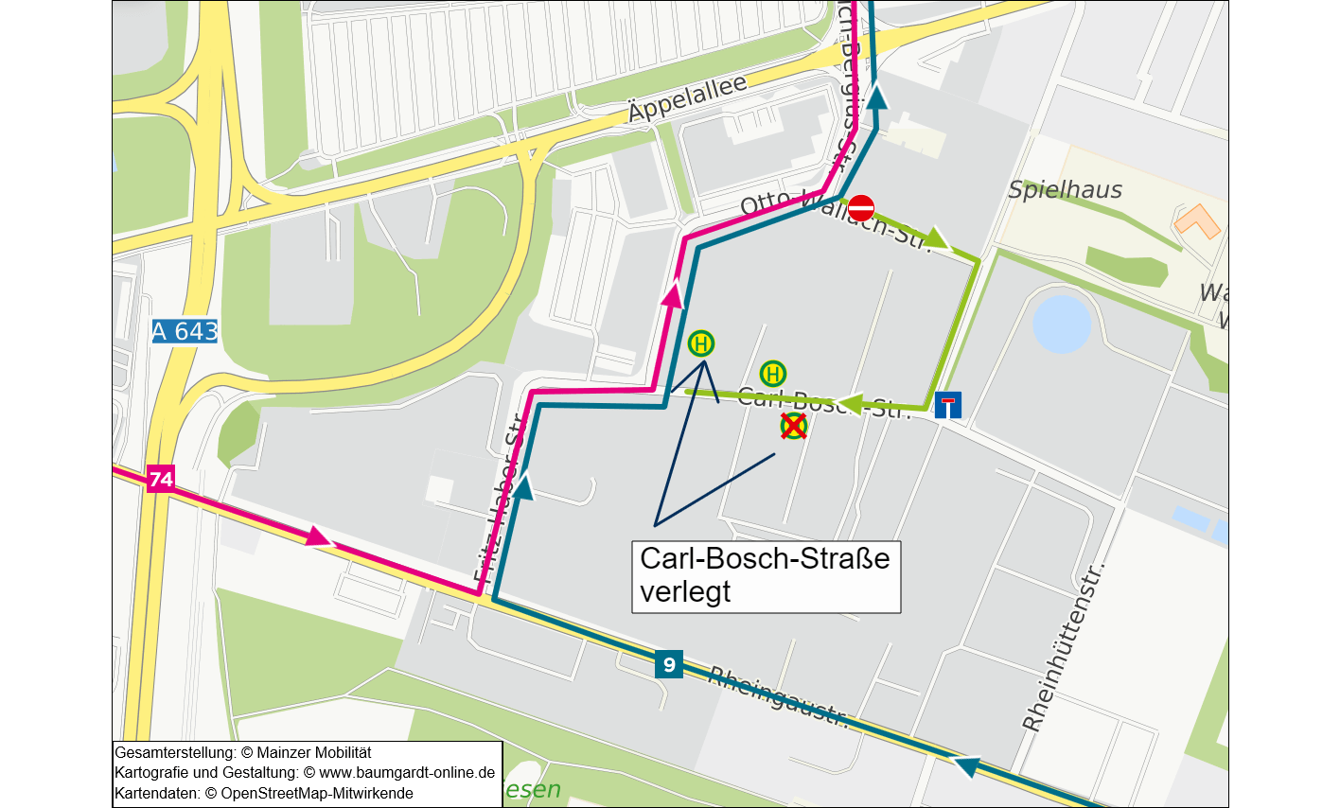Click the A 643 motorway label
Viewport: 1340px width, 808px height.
(x=185, y=331)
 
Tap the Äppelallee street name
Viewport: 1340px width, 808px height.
(x=687, y=98)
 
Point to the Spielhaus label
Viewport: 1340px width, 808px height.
(x=1065, y=190)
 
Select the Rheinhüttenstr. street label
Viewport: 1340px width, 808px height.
(x=1063, y=648)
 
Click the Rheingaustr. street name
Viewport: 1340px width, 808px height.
(x=779, y=696)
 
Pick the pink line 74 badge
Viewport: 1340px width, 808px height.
(x=161, y=479)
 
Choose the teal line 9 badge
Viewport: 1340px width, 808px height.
(x=669, y=664)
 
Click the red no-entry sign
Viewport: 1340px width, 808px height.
(x=861, y=207)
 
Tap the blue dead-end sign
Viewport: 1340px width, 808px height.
(x=947, y=405)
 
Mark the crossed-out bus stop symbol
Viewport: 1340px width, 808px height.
(x=793, y=427)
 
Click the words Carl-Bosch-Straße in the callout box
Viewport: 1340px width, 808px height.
(x=765, y=558)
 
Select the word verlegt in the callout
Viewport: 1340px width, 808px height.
(x=685, y=592)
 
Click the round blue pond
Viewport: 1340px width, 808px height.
(x=1062, y=324)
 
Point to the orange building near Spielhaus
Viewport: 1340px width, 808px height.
(x=1197, y=222)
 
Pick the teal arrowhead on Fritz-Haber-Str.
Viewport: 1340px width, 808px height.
(x=521, y=486)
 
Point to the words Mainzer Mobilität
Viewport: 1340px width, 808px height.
(x=314, y=752)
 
